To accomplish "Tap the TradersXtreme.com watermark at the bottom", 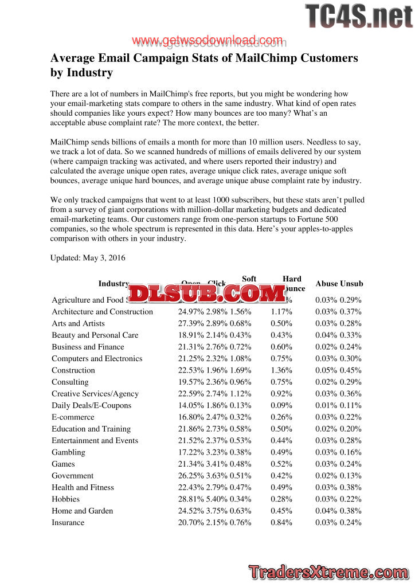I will [x=329, y=572].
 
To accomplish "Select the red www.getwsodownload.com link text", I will [x=207, y=41].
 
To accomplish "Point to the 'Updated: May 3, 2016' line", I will [x=88, y=258].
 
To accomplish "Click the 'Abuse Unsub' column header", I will [x=339, y=284].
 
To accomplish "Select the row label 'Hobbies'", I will [x=65, y=499].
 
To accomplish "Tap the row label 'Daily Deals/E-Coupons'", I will [x=91, y=405].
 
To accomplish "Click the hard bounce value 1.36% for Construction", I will [x=281, y=370].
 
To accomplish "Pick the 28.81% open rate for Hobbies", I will [x=190, y=499].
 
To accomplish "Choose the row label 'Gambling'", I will [x=68, y=452].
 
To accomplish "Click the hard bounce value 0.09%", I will [x=281, y=405].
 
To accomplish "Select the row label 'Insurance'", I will [x=68, y=523].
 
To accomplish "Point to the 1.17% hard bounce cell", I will [x=281, y=312].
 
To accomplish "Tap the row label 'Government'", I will [x=72, y=476].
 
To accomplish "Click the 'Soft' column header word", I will [x=249, y=279].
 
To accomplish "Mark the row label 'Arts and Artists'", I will [x=78, y=323].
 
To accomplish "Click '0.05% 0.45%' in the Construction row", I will [x=338, y=370].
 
